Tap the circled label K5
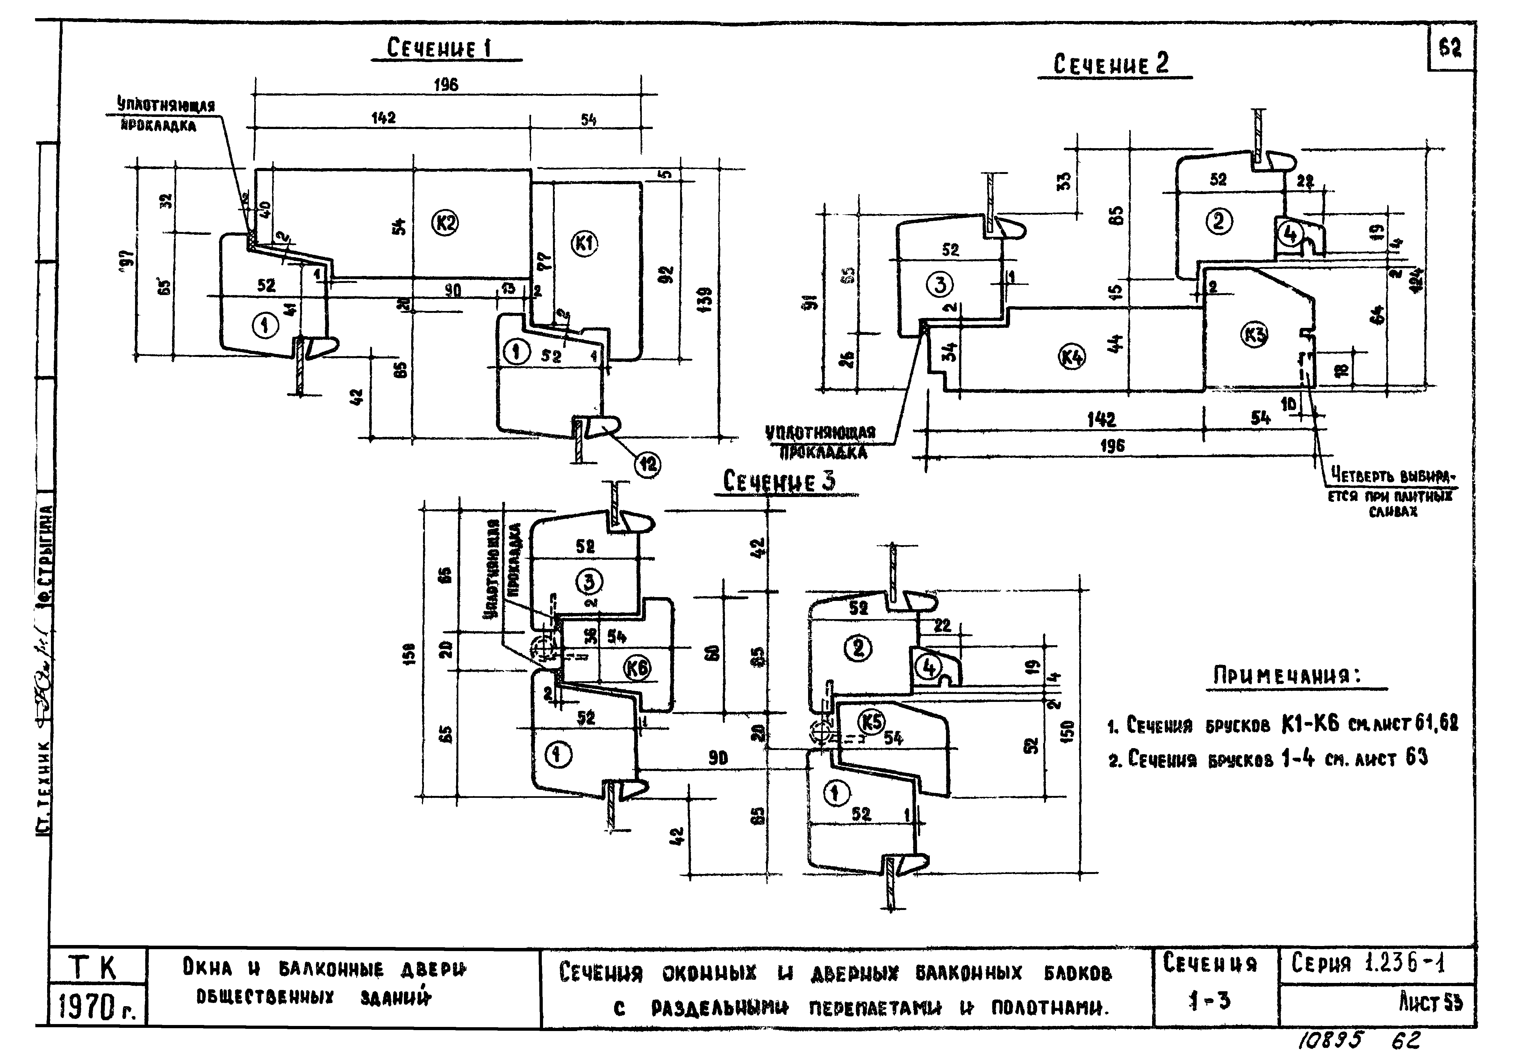(x=872, y=721)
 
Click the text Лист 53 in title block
(x=1430, y=1003)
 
